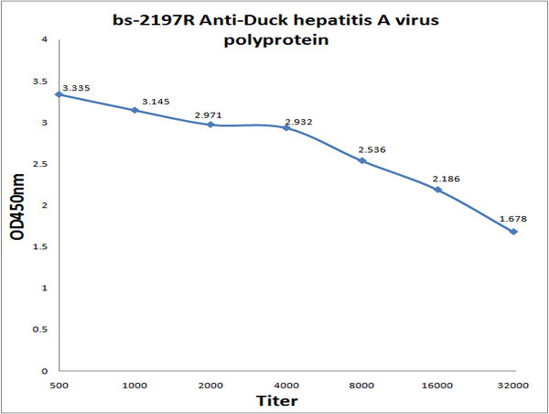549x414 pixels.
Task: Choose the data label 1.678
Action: click(511, 221)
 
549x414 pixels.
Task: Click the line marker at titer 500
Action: click(59, 94)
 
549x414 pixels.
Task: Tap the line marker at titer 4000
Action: click(286, 127)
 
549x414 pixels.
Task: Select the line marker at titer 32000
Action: click(514, 232)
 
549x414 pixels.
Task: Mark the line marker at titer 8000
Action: click(362, 160)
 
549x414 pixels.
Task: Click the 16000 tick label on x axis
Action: click(438, 386)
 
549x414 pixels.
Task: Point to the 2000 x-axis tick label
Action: click(210, 386)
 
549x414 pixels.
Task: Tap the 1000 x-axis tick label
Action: click(135, 386)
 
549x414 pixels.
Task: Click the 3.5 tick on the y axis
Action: click(43, 81)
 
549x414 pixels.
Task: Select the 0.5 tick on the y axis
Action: click(43, 330)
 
